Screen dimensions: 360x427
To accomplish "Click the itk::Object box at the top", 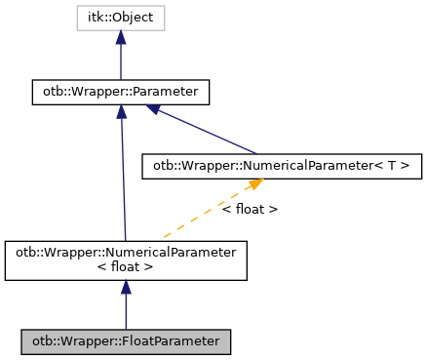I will click(x=120, y=18).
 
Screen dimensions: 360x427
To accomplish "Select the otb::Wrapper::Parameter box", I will click(x=120, y=93).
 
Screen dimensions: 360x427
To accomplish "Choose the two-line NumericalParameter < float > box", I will click(x=125, y=260).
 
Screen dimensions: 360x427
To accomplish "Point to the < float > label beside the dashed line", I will click(x=250, y=209).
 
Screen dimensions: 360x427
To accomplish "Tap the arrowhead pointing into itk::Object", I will click(x=120, y=37).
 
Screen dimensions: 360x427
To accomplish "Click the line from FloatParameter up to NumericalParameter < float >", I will click(x=126, y=312).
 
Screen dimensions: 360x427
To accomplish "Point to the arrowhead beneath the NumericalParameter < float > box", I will click(x=126, y=289).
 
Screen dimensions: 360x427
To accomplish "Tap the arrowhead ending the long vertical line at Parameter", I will click(x=121, y=112).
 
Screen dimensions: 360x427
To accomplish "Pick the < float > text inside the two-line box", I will click(x=125, y=267).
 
